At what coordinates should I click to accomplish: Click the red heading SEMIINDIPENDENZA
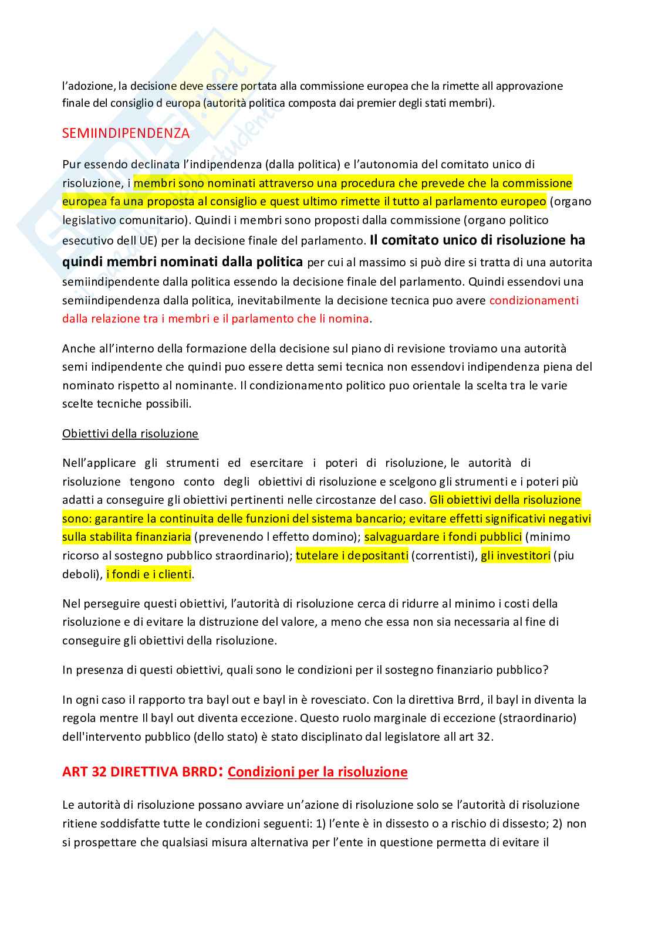tap(126, 133)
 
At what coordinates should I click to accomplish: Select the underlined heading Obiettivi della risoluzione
tap(130, 433)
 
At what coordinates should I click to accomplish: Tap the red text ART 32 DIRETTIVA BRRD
tap(140, 771)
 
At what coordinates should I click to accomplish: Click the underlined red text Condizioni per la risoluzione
tap(318, 772)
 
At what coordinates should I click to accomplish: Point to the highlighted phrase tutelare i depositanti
tap(352, 555)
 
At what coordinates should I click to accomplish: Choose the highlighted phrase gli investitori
tap(515, 555)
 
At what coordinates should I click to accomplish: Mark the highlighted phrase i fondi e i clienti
tap(149, 574)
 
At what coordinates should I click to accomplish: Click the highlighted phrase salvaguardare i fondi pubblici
tap(443, 537)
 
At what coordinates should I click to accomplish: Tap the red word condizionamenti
tap(534, 300)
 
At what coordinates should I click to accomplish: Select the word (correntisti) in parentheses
tap(444, 555)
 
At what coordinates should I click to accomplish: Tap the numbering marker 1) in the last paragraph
tap(320, 823)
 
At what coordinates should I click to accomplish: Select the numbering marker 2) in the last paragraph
tap(558, 823)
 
